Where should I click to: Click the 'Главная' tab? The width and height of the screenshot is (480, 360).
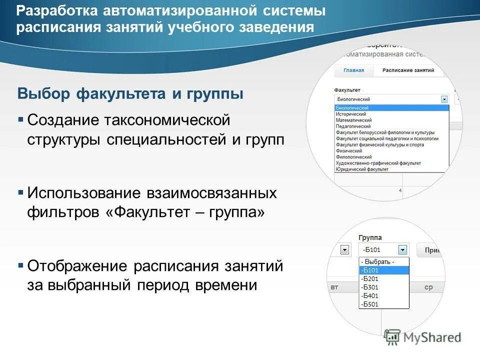click(x=353, y=70)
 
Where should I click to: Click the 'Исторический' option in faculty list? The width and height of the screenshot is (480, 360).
click(x=350, y=114)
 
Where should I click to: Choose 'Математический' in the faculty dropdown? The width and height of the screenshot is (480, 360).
click(x=353, y=120)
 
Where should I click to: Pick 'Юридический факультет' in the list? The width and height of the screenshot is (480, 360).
click(x=362, y=169)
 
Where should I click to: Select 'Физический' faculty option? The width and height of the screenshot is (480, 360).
click(x=349, y=150)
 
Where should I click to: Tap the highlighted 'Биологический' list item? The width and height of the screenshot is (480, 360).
click(x=352, y=108)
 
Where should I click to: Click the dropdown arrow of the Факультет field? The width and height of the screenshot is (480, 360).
click(x=444, y=99)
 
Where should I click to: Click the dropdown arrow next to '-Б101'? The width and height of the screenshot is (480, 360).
click(x=402, y=249)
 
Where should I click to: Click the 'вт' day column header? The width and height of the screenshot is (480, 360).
click(x=335, y=287)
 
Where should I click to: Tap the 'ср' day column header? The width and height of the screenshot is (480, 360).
click(x=428, y=287)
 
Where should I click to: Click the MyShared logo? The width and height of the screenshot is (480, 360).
click(x=423, y=337)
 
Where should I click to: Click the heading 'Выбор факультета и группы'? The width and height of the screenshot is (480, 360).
click(x=130, y=93)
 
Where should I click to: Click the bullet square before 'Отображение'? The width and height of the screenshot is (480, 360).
click(x=20, y=265)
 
